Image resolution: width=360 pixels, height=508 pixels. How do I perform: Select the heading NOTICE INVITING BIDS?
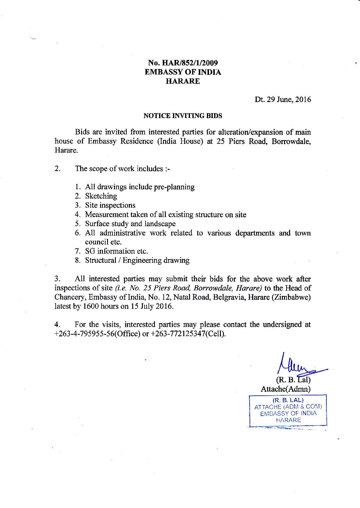[x=183, y=116]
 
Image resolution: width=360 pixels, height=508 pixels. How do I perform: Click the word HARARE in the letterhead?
[x=183, y=81]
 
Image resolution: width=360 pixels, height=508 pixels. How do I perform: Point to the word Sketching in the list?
[x=101, y=196]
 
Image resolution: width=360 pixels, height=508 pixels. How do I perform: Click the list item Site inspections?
[x=110, y=205]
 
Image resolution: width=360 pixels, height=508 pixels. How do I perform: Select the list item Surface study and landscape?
[x=130, y=224]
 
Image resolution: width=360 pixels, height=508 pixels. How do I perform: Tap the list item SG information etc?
[x=116, y=251]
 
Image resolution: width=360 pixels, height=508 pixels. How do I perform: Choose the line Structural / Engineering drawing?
[x=137, y=260]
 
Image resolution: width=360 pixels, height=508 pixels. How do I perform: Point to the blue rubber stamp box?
[x=288, y=410]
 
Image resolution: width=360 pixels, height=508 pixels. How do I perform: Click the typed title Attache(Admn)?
[x=286, y=389]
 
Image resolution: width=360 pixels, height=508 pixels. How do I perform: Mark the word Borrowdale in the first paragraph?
[x=291, y=141]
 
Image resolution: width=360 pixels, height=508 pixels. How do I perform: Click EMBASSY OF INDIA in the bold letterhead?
[x=183, y=72]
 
